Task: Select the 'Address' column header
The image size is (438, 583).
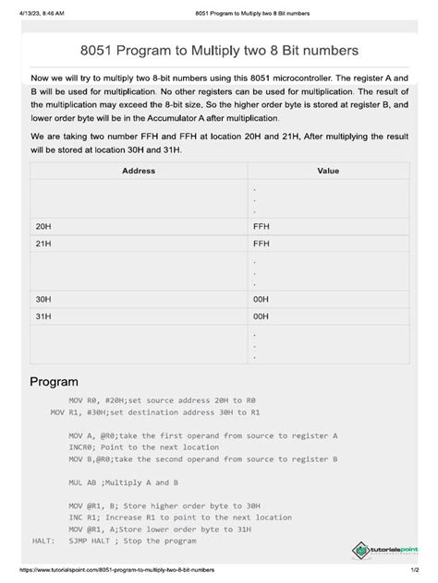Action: pyautogui.click(x=139, y=172)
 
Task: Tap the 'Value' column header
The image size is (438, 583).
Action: pyautogui.click(x=328, y=172)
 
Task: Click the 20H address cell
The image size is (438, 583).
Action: pyautogui.click(x=43, y=225)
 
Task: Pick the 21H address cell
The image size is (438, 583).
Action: pyautogui.click(x=43, y=244)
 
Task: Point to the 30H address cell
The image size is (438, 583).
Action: pyautogui.click(x=43, y=299)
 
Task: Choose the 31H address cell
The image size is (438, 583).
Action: pyautogui.click(x=43, y=317)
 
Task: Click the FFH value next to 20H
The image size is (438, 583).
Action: pyautogui.click(x=261, y=225)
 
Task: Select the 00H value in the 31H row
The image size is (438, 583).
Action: pyautogui.click(x=261, y=317)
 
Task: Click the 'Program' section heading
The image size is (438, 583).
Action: pyautogui.click(x=54, y=381)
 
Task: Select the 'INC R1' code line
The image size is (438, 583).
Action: pyautogui.click(x=180, y=517)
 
